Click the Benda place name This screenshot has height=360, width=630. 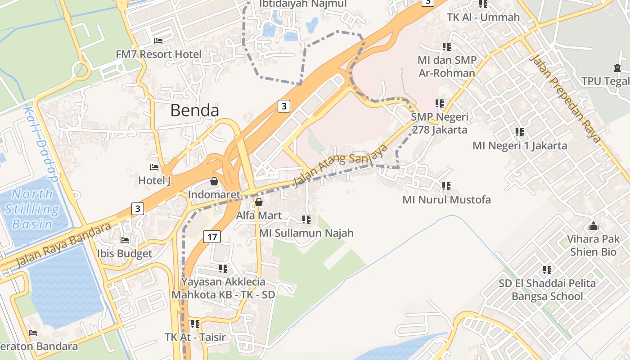(195, 110)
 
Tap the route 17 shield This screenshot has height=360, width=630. (211, 236)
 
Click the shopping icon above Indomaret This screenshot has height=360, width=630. (214, 181)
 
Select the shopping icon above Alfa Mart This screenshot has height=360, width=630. (259, 202)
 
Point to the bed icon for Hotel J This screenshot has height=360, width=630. (154, 167)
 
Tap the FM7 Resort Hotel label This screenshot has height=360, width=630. (158, 54)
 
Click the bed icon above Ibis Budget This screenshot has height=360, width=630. (125, 240)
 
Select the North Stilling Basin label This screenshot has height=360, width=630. (32, 209)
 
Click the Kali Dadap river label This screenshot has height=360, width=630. (41, 144)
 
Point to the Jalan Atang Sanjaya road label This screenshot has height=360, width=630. (340, 165)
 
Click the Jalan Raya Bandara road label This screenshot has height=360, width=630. (63, 245)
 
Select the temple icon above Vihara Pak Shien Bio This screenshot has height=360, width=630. (594, 226)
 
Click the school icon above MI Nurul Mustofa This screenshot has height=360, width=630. (446, 186)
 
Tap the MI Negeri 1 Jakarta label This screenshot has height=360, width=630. (520, 145)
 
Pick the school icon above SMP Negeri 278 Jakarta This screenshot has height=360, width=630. (440, 103)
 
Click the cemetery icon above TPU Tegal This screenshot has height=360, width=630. (617, 68)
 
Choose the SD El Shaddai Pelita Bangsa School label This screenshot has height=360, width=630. (547, 290)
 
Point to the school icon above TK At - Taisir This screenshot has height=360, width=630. (195, 324)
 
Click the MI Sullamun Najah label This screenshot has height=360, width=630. (306, 233)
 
